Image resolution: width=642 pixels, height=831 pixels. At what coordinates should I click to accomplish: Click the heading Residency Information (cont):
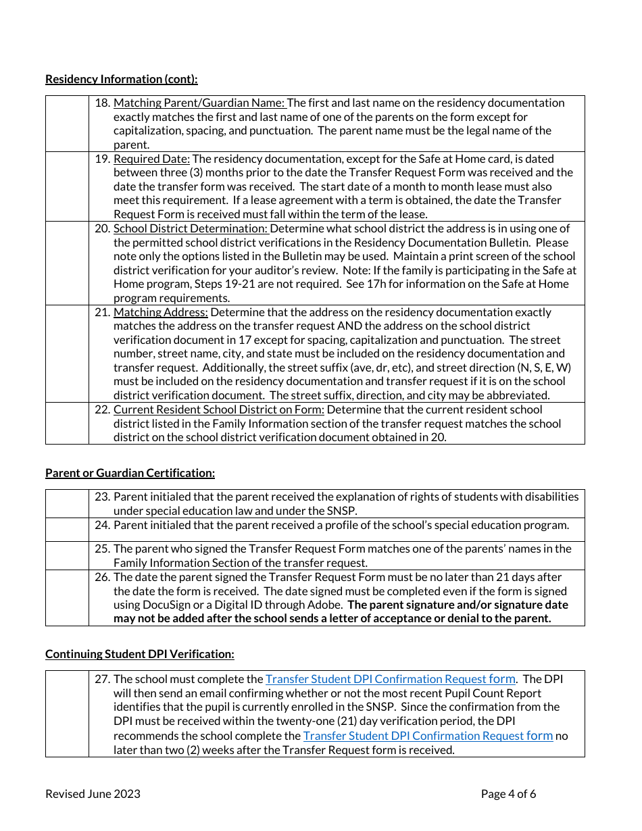pyautogui.click(x=122, y=79)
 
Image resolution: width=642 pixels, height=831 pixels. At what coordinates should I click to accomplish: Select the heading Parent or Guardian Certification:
pyautogui.click(x=130, y=473)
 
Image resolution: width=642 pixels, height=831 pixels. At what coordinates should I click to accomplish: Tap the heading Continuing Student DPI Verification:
pyautogui.click(x=140, y=654)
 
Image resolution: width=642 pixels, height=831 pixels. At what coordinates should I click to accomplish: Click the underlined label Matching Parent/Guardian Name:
pyautogui.click(x=200, y=103)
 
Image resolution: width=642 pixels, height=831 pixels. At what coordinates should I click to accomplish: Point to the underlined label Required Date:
pyautogui.click(x=151, y=159)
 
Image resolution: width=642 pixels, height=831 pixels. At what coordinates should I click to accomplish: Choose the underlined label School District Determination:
pyautogui.click(x=191, y=228)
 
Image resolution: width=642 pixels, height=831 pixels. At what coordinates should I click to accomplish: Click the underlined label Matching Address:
pyautogui.click(x=161, y=312)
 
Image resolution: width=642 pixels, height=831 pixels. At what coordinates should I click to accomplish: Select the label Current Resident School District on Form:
pyautogui.click(x=219, y=409)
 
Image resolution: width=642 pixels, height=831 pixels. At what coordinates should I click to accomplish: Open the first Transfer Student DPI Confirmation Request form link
pyautogui.click(x=390, y=679)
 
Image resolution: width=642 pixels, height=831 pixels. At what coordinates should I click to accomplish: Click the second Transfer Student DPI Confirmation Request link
pyautogui.click(x=428, y=736)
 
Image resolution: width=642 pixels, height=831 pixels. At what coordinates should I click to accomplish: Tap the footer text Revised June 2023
pyautogui.click(x=93, y=794)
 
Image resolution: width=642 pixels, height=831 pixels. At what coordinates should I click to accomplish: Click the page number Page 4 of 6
pyautogui.click(x=508, y=794)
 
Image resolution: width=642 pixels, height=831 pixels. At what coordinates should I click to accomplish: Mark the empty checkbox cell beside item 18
pyautogui.click(x=67, y=123)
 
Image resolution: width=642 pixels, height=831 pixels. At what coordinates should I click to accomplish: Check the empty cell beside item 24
pyautogui.click(x=67, y=529)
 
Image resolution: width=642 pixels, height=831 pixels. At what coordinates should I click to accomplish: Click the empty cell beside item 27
pyautogui.click(x=67, y=713)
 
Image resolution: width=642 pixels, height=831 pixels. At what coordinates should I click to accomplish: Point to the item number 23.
pyautogui.click(x=102, y=497)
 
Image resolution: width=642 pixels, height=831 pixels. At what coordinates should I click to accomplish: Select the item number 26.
pyautogui.click(x=102, y=577)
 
